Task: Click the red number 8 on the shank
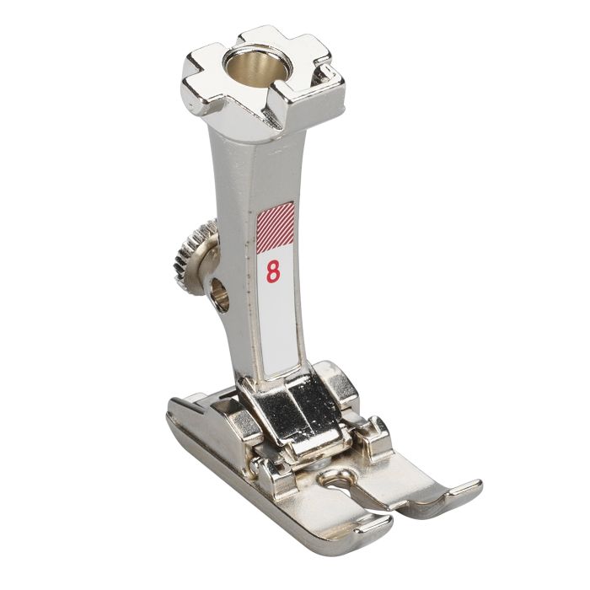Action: point(273,271)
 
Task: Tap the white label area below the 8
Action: point(276,329)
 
